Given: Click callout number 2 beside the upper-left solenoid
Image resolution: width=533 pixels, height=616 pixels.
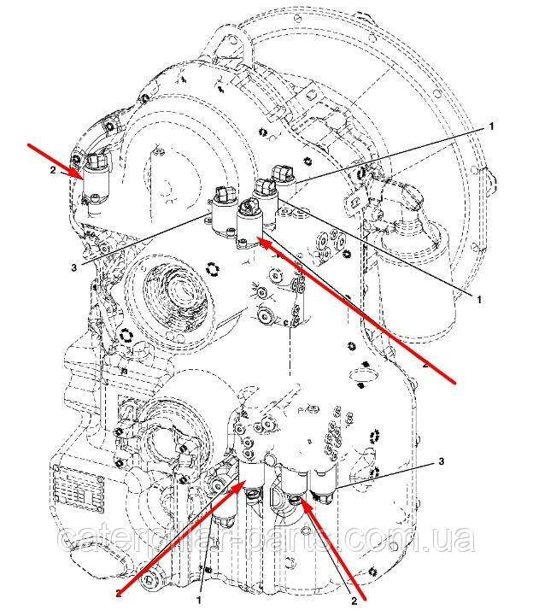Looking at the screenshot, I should click(x=53, y=170).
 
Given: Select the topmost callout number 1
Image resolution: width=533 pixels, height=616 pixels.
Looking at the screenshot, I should click(x=491, y=125).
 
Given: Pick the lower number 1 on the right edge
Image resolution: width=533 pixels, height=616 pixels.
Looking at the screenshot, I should click(x=480, y=299).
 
